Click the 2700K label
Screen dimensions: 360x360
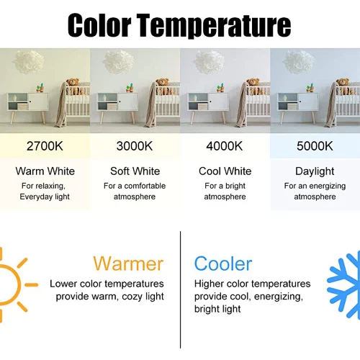(x=45, y=146)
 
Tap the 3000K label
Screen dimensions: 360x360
(x=135, y=146)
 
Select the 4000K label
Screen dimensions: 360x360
(x=225, y=146)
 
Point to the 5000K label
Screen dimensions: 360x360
(x=315, y=146)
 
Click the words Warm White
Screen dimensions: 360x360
(x=45, y=171)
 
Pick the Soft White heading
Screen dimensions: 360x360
(x=135, y=171)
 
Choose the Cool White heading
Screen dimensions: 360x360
(x=225, y=171)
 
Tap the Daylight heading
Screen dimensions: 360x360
(x=315, y=172)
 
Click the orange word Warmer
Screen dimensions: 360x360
(x=128, y=264)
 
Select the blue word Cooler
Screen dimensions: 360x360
(x=223, y=264)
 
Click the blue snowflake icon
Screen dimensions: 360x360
(x=343, y=285)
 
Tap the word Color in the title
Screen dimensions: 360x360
(x=99, y=25)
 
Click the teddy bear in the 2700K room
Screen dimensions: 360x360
(x=73, y=86)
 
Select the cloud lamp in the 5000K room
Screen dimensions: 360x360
(x=299, y=62)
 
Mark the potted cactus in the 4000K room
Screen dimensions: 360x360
(x=220, y=88)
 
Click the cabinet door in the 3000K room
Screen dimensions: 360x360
(x=127, y=102)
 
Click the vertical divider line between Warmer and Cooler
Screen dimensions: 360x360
(x=180, y=289)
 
